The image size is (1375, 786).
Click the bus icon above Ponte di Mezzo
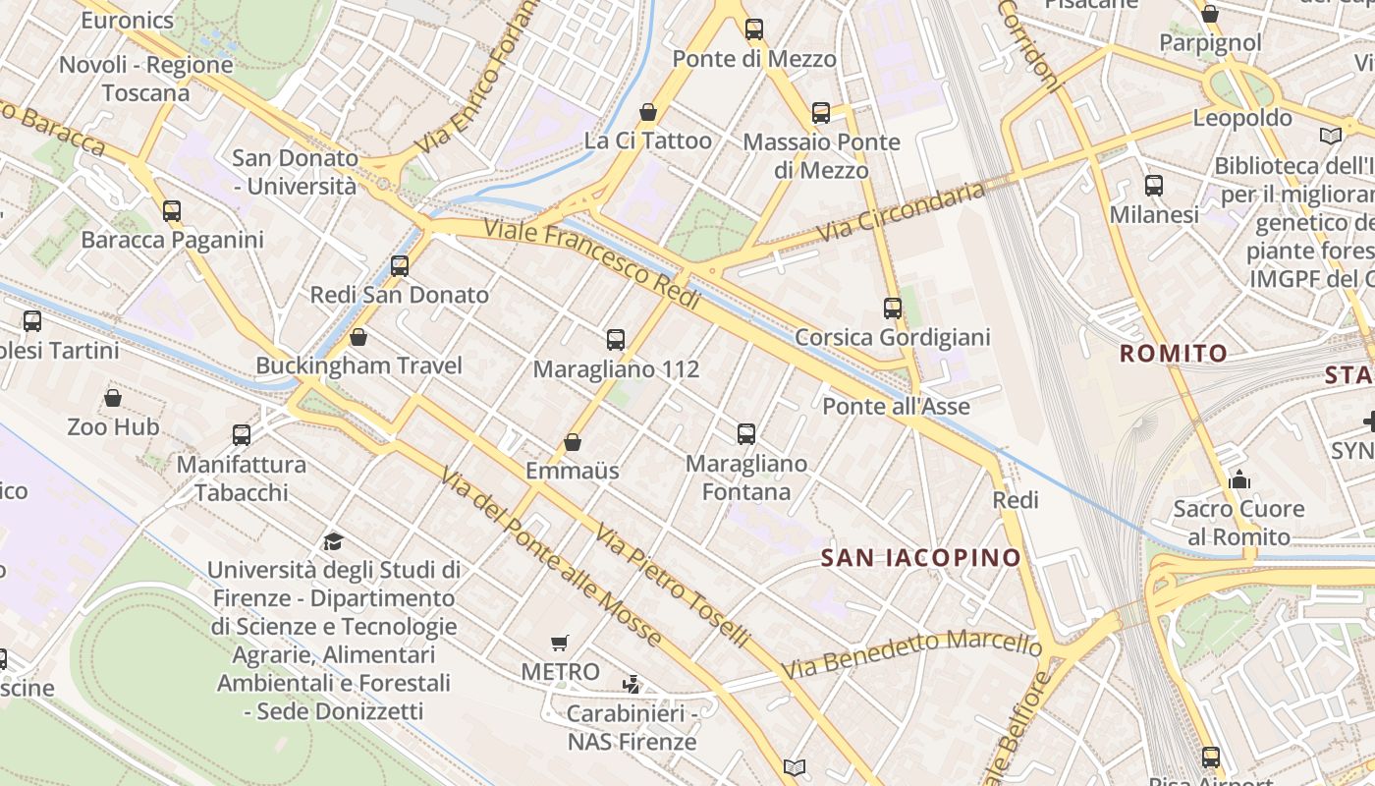coord(753,29)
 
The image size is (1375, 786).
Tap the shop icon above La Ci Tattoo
coord(647,112)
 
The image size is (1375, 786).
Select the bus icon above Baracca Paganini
coord(172,210)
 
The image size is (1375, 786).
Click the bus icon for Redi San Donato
coord(399,265)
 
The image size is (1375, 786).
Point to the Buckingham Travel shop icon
coord(358,337)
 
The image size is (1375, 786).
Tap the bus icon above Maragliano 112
coord(616,340)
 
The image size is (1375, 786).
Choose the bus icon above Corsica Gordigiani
coord(892,309)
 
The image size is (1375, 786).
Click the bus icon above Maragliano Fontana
coord(746,433)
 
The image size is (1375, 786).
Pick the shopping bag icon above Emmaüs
coord(573,442)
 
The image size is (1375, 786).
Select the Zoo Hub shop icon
coord(113,398)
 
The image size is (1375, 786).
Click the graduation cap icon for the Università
coord(333,541)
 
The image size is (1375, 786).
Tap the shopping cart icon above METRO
coord(560,644)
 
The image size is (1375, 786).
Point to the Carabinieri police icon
coord(632,684)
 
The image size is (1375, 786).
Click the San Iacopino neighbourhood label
coord(921,558)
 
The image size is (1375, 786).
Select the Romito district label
coord(1174,354)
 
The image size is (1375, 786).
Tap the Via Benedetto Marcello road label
coord(911,652)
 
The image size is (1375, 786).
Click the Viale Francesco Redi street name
coord(593,264)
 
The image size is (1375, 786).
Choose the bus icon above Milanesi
coord(1154,185)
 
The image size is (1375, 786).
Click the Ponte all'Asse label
coord(896,407)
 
